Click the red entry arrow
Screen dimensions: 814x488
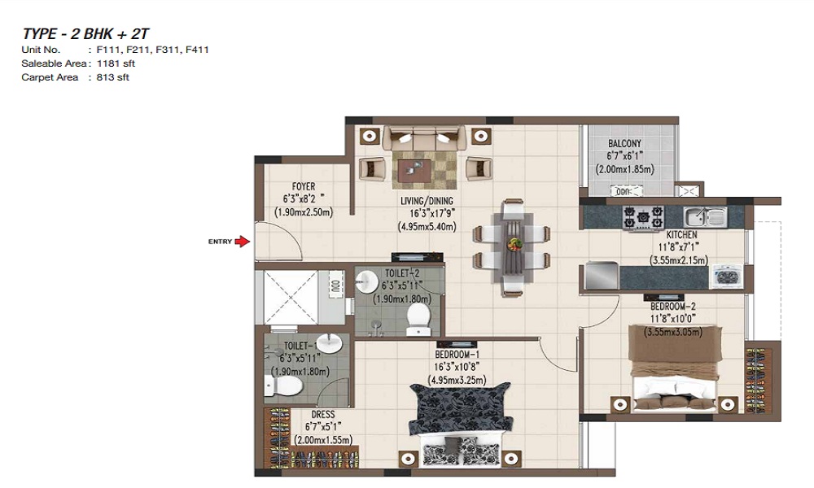[243, 241]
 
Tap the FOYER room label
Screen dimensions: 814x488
[304, 187]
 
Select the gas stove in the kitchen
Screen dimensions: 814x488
[643, 218]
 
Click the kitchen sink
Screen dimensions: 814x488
[705, 216]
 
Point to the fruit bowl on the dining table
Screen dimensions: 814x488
[515, 244]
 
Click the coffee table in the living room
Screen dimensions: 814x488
[415, 171]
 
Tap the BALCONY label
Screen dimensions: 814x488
[624, 143]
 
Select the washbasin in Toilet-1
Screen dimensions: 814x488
[330, 343]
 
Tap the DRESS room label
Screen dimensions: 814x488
[323, 414]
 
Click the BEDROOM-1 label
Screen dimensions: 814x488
[457, 355]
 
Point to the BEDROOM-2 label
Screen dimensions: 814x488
[673, 307]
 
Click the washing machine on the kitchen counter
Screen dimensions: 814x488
[727, 277]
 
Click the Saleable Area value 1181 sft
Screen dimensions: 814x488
[116, 63]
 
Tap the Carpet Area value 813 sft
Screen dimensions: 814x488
[112, 77]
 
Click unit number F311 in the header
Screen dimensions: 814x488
[168, 50]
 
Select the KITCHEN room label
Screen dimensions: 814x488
[681, 235]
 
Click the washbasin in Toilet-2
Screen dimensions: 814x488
[367, 281]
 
